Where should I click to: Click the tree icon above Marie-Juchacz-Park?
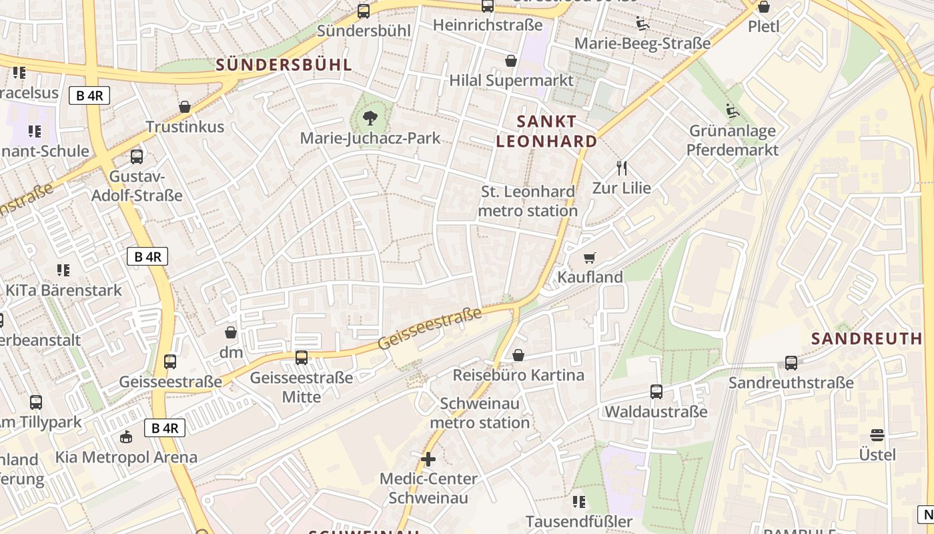click(369, 119)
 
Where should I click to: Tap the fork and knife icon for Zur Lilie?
click(622, 168)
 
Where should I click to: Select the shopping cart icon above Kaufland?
click(589, 258)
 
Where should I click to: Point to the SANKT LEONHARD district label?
click(546, 131)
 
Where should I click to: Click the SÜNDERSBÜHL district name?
click(284, 65)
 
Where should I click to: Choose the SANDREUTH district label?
click(867, 338)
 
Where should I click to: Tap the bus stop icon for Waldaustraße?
click(656, 392)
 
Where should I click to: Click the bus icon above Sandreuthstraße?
click(791, 363)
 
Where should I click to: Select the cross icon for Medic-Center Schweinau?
click(428, 459)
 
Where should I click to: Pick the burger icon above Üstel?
click(877, 435)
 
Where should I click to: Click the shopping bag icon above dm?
click(231, 332)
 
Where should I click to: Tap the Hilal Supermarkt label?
click(511, 81)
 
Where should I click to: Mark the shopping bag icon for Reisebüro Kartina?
click(518, 355)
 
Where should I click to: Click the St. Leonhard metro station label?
click(528, 201)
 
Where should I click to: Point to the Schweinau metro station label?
click(480, 413)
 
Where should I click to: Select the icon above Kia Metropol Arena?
click(126, 437)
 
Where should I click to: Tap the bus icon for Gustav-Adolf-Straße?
click(137, 157)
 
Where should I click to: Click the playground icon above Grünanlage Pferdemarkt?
click(733, 111)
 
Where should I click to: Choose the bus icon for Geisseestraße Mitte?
click(302, 358)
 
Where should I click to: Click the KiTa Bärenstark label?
click(64, 290)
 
